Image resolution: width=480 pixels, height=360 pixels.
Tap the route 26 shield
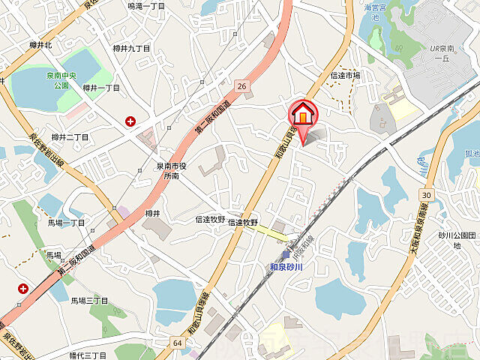241,86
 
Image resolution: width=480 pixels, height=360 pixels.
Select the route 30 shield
425,195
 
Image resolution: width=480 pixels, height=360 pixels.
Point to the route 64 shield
177,343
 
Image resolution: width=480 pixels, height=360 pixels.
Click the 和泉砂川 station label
285,266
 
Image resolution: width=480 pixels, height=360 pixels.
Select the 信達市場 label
345,75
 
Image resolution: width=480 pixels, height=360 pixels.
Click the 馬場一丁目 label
66,223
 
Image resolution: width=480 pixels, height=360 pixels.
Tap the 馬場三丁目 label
89,300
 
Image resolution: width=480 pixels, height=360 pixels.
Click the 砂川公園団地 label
457,239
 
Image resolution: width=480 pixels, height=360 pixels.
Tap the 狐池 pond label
471,154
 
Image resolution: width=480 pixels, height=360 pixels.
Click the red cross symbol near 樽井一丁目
131,121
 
